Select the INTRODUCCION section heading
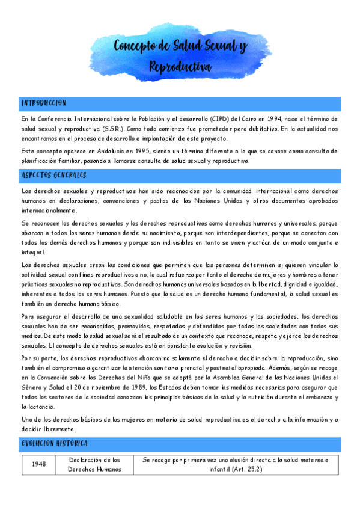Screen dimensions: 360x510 tap(43, 103)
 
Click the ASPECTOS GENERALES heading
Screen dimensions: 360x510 tap(53, 176)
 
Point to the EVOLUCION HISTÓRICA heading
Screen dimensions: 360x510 tap(55, 444)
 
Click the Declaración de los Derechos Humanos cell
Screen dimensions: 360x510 tap(91, 464)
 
